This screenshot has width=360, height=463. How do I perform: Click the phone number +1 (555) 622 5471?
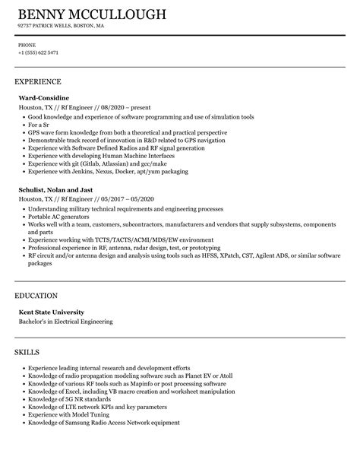pos(38,52)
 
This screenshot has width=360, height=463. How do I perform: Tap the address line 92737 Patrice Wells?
pos(62,26)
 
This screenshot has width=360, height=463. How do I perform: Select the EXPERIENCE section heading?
pos(38,81)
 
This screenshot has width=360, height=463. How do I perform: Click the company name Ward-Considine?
pos(43,98)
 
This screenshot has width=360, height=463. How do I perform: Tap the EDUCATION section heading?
pos(36,294)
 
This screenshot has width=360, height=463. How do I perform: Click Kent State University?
pos(52,312)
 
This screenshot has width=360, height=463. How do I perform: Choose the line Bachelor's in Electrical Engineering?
pos(65,321)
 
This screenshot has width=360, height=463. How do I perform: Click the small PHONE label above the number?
pos(27,45)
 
